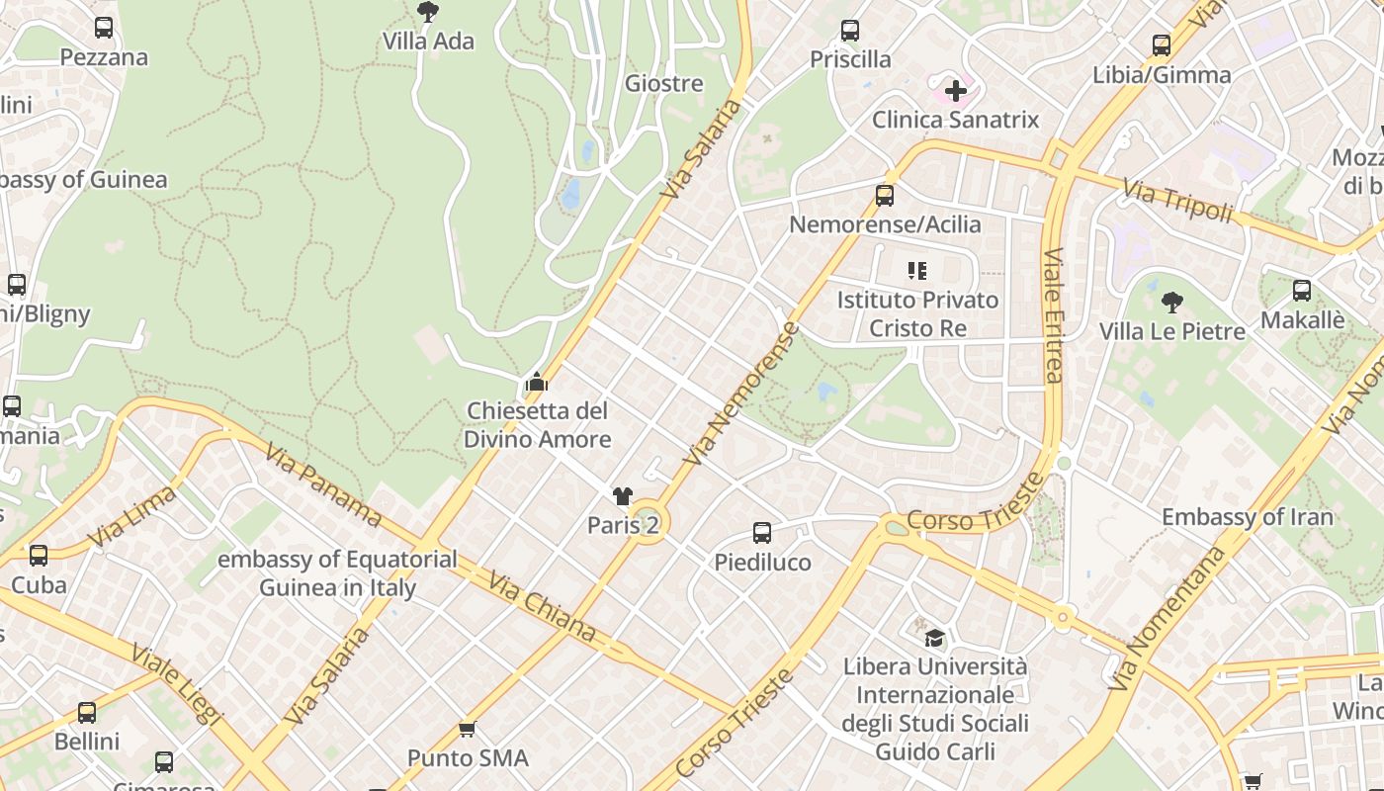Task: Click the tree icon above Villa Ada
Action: pyautogui.click(x=428, y=12)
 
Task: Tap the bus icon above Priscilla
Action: pyautogui.click(x=850, y=31)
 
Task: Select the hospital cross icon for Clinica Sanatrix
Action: pyautogui.click(x=955, y=92)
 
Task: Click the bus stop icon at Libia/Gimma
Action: pyautogui.click(x=1162, y=45)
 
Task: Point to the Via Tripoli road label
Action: pyautogui.click(x=1178, y=200)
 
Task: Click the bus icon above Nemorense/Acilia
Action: pyautogui.click(x=885, y=196)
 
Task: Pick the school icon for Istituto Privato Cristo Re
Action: pyautogui.click(x=917, y=270)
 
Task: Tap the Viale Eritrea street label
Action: pyautogui.click(x=1053, y=315)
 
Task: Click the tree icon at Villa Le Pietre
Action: pyautogui.click(x=1172, y=302)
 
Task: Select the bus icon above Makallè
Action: pyautogui.click(x=1302, y=291)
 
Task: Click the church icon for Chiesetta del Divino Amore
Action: pyautogui.click(x=537, y=382)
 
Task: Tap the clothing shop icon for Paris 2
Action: pyautogui.click(x=622, y=496)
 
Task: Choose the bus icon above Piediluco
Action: pyautogui.click(x=762, y=533)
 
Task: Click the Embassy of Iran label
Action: pyautogui.click(x=1247, y=517)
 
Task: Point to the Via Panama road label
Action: pyautogui.click(x=322, y=483)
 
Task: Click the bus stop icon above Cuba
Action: pyautogui.click(x=39, y=556)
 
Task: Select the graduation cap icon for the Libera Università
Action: pyautogui.click(x=934, y=638)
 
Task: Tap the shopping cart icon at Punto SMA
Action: pyautogui.click(x=468, y=730)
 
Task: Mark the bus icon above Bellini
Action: pyautogui.click(x=87, y=712)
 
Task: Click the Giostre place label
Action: pyautogui.click(x=663, y=84)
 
